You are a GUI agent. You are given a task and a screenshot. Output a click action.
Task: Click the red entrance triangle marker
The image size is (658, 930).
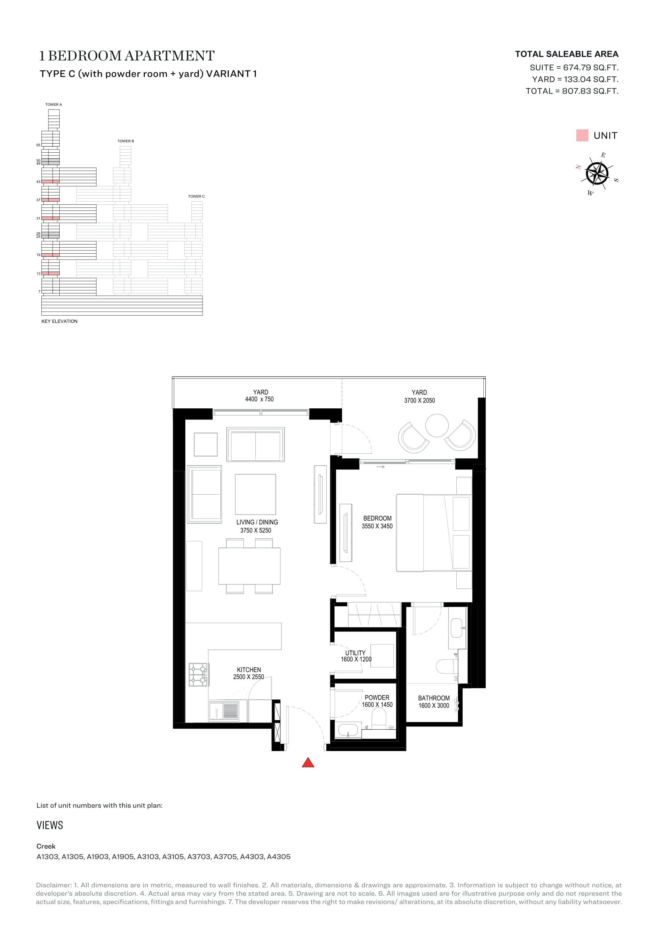point(308,763)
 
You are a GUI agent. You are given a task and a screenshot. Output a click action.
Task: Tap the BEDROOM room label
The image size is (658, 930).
point(377,518)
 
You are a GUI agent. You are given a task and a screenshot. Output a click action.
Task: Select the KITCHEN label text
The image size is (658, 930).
point(249,670)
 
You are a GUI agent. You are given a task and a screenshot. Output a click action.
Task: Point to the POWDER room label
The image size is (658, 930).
point(377,697)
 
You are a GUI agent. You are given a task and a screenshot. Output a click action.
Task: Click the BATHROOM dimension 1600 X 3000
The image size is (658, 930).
point(434,705)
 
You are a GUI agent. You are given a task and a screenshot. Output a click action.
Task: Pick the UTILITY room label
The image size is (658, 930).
point(355,652)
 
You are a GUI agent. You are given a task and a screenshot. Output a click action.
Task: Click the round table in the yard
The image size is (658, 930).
point(437,425)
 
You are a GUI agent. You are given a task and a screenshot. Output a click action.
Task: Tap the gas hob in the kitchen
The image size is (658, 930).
point(199,674)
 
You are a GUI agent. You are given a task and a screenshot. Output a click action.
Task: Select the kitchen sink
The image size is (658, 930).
point(223,711)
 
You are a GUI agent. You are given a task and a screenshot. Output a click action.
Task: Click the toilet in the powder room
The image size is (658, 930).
point(379,720)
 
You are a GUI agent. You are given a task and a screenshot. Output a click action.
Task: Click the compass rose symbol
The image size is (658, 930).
point(597,174)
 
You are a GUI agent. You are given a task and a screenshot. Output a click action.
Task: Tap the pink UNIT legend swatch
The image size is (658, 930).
point(582,135)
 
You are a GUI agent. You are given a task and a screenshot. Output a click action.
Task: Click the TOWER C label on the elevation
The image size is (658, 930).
point(196,196)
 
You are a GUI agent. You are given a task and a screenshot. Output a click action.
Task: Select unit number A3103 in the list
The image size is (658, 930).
point(148,857)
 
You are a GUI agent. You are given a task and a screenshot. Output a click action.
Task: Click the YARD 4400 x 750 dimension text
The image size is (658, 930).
point(259,399)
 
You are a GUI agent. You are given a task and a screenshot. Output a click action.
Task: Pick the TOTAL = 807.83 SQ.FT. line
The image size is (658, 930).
point(572,91)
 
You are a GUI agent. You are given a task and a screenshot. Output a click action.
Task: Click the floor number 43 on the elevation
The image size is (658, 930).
point(39,181)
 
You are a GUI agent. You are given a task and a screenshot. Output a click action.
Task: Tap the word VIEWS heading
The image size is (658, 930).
point(50,825)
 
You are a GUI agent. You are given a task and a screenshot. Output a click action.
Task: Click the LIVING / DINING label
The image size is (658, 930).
point(257,522)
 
